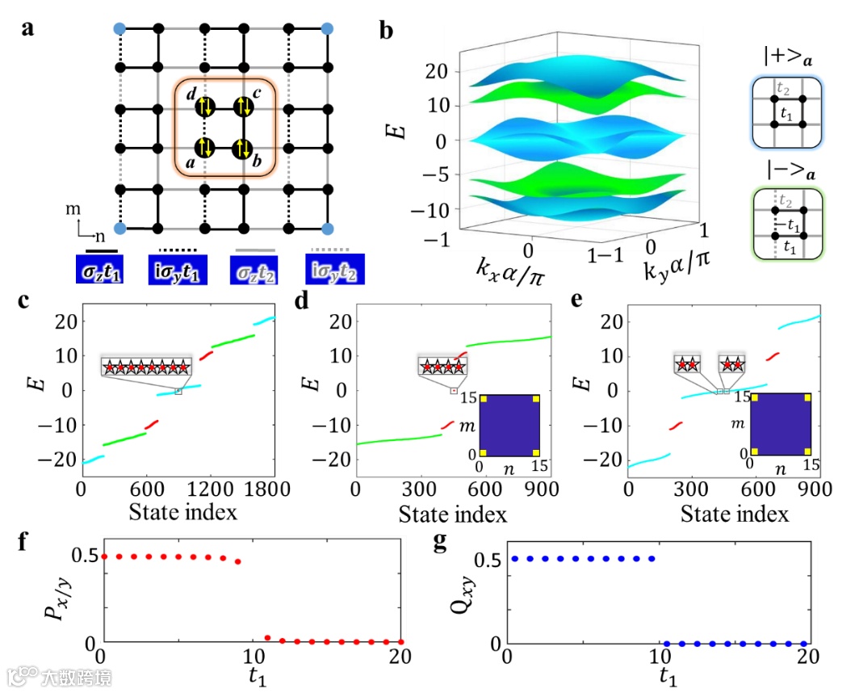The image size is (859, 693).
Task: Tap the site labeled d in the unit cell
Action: (205, 107)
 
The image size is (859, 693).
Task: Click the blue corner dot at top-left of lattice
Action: (120, 29)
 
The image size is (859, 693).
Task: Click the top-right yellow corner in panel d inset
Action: (536, 399)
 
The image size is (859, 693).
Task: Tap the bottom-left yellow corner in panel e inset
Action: (754, 450)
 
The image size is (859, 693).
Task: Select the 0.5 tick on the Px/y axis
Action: (87, 556)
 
